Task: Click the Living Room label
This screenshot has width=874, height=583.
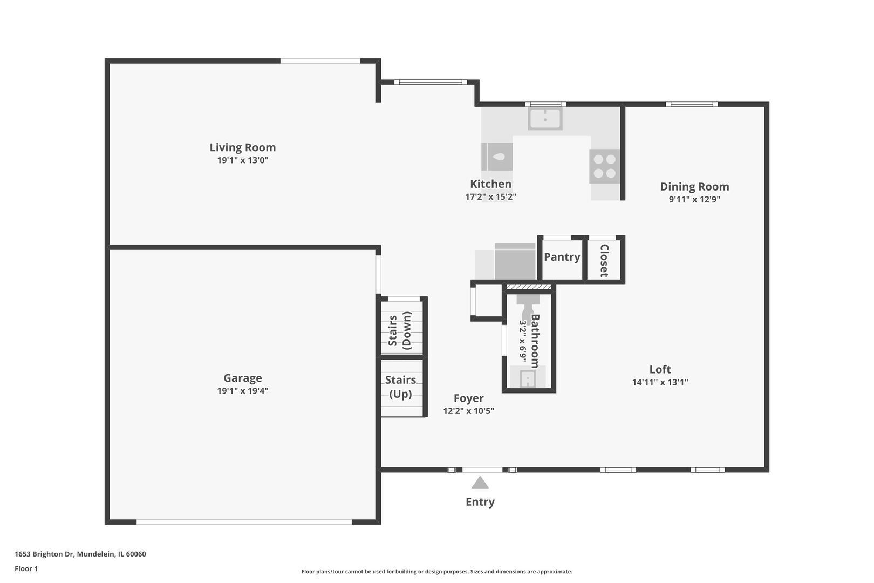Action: [x=242, y=147]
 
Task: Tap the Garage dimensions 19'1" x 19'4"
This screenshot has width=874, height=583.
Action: [x=242, y=391]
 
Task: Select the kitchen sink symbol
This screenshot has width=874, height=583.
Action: [x=545, y=118]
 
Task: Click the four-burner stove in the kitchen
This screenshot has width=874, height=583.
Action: [x=604, y=166]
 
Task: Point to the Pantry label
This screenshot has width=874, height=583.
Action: [x=562, y=257]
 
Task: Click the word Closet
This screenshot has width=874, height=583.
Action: [x=604, y=260]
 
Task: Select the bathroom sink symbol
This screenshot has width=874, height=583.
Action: [x=527, y=379]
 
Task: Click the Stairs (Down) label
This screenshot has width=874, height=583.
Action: [x=400, y=330]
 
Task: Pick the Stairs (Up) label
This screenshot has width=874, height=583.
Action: [x=400, y=387]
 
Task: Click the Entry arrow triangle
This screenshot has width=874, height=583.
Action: [x=480, y=483]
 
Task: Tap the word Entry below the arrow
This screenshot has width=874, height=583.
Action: [x=480, y=502]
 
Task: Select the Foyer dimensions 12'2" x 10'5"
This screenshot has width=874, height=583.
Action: [x=468, y=411]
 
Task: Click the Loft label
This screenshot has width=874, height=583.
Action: [x=660, y=369]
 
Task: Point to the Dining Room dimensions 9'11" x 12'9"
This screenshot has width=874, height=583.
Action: [x=694, y=199]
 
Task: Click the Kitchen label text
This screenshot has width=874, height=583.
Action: [x=490, y=184]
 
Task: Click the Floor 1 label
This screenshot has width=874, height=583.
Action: [x=26, y=568]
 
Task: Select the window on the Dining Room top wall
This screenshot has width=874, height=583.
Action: [x=691, y=104]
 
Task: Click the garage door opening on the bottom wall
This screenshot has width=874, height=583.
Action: [x=244, y=522]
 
